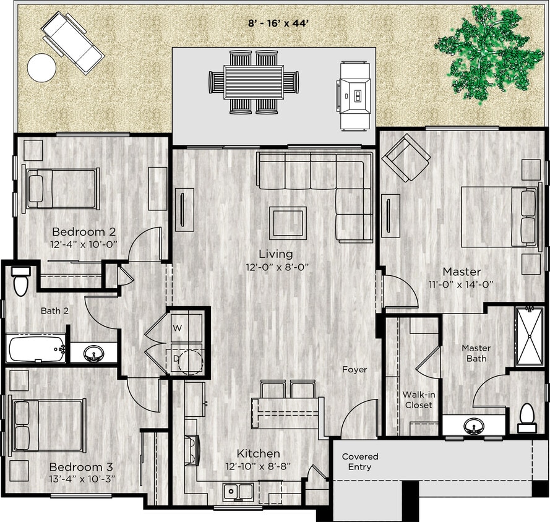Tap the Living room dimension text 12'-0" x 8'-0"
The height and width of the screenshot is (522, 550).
coord(275,267)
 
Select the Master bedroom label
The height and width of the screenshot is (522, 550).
coord(462,272)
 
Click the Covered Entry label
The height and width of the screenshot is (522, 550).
coord(359,461)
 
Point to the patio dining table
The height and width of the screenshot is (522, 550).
coord(254,82)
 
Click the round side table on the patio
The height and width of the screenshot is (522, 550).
coord(41,67)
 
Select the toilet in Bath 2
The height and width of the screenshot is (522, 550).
coord(21,282)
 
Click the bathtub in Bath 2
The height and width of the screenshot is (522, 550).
coord(37,349)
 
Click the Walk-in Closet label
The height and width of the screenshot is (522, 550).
coord(417,400)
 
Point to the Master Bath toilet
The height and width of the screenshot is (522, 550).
coord(527,417)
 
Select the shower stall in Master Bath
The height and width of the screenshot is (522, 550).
coord(529,336)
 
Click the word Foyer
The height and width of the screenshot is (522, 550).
coord(354,370)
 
